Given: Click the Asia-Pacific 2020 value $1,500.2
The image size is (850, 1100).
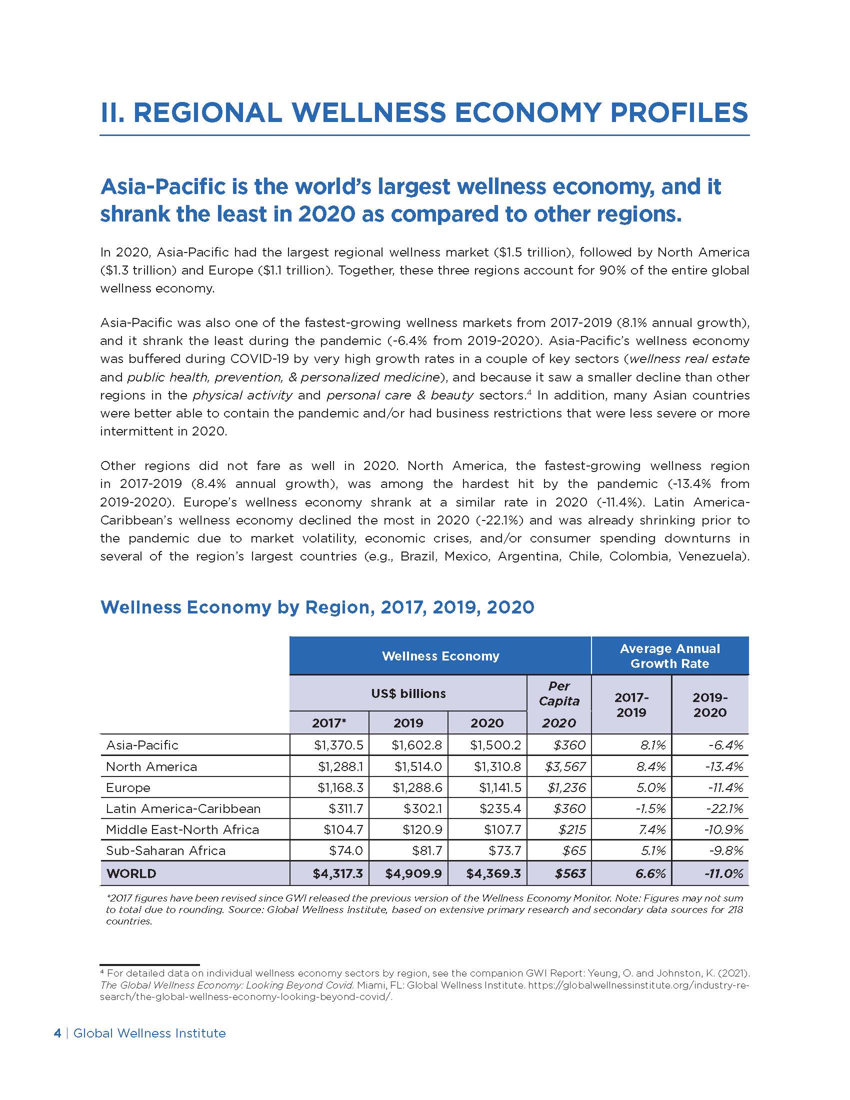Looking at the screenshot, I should [x=495, y=745].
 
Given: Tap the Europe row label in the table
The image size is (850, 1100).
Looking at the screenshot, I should [x=128, y=787].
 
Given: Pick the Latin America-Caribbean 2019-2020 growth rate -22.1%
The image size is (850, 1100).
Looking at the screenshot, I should [x=723, y=809].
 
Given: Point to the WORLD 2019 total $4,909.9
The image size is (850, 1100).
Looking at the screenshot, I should [x=413, y=873].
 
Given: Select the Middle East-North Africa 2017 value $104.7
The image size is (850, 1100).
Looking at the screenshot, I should [x=346, y=829].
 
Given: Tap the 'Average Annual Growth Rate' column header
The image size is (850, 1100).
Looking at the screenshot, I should [x=669, y=656].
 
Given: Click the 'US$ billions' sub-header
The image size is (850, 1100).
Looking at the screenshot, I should [x=408, y=693].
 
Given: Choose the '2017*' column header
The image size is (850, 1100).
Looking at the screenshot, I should [x=329, y=723].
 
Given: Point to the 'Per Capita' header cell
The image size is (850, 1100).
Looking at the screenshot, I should [x=559, y=693].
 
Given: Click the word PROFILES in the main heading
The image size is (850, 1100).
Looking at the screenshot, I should [x=679, y=112].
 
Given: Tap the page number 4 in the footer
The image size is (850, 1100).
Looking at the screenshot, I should [x=57, y=1033].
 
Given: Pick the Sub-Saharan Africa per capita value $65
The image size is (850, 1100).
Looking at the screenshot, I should [x=574, y=850].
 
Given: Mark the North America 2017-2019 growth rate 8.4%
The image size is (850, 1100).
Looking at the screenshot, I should [x=651, y=766].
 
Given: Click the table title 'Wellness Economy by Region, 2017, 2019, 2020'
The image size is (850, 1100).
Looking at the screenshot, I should [x=317, y=607].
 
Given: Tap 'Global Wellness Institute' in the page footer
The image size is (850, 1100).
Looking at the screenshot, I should [x=149, y=1033].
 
